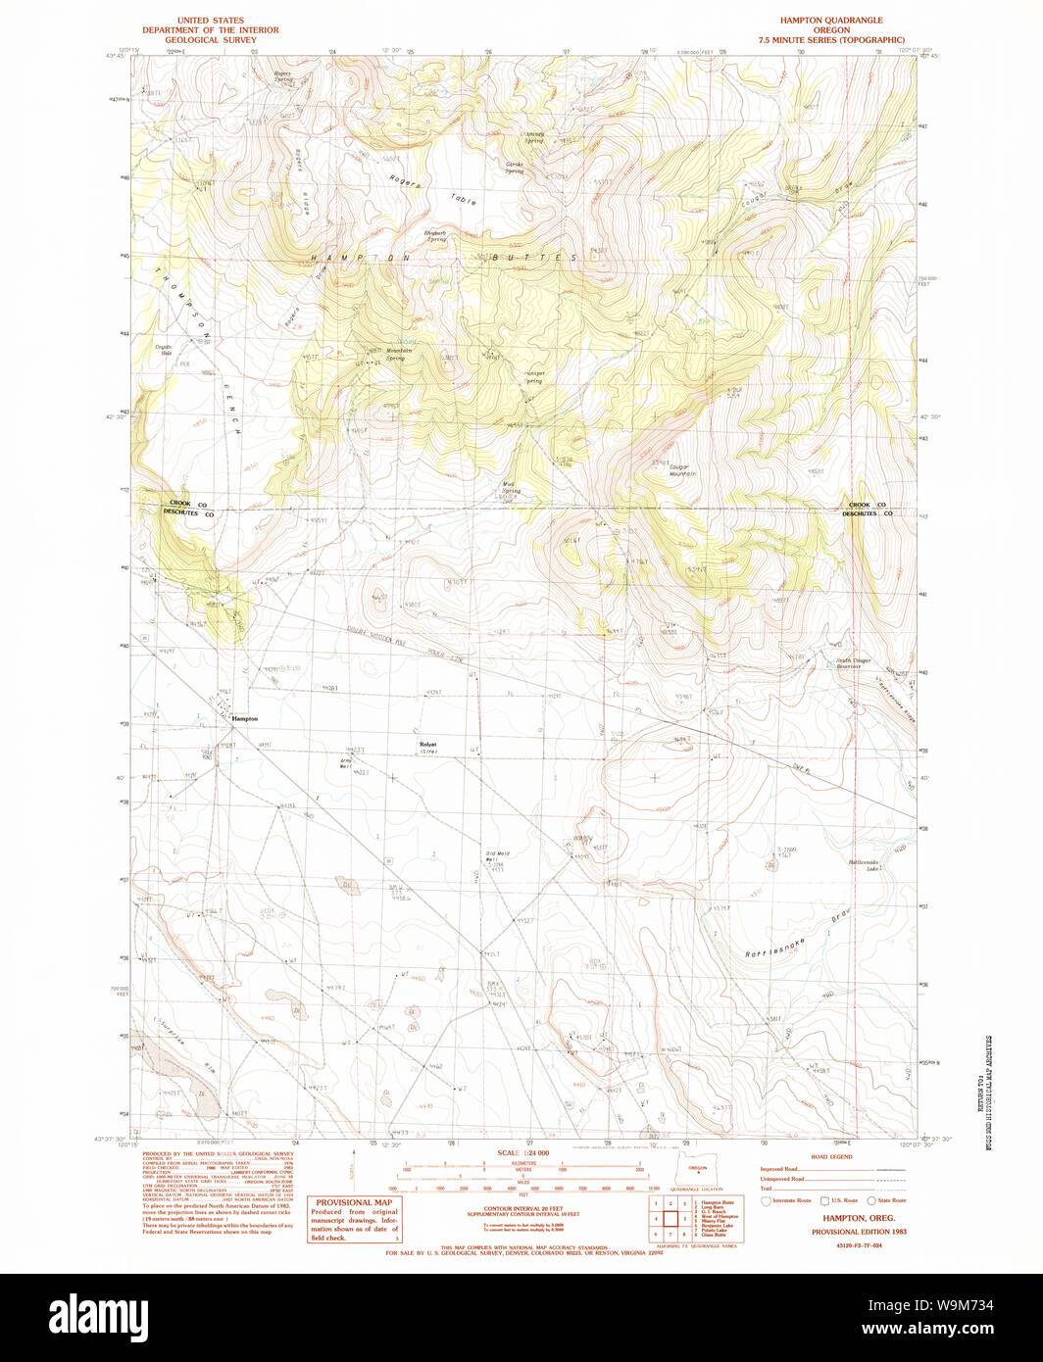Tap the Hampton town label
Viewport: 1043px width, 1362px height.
244,718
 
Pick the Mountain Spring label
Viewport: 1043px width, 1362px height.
395,354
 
